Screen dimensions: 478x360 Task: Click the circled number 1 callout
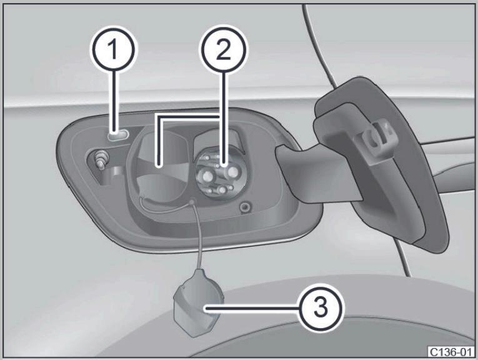coord(113,49)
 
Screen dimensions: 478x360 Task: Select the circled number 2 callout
coord(224,49)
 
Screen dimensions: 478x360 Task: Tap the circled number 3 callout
coord(320,308)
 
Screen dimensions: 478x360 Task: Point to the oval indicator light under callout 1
coord(118,135)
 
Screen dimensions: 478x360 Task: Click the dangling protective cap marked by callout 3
coord(198,304)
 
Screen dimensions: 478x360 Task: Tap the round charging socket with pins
coord(218,173)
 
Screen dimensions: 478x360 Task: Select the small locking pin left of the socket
coord(101,159)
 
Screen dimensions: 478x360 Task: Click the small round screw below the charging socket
coord(244,208)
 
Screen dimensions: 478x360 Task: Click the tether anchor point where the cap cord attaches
coord(192,202)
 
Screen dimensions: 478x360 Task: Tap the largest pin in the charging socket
coord(233,172)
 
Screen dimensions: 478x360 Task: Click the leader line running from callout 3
coord(252,309)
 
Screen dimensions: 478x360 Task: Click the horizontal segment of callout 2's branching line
coord(188,117)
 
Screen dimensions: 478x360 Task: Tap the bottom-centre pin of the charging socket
coord(222,191)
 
